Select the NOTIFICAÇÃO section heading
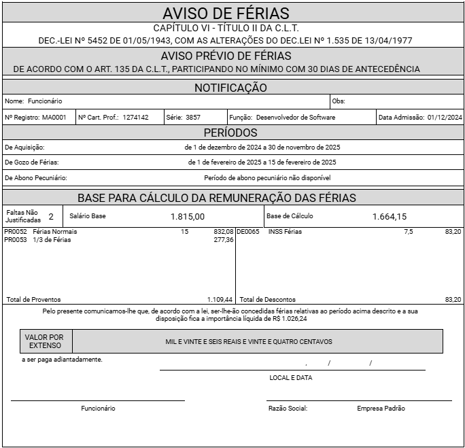point(231,88)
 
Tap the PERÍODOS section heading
point(231,133)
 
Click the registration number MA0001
point(54,118)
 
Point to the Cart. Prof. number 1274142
point(135,118)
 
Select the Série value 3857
point(192,118)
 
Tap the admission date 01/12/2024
point(445,118)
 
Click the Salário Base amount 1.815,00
point(188,217)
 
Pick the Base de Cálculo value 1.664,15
point(390,217)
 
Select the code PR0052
point(16,232)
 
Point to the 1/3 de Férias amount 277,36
point(223,239)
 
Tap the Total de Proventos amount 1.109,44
point(220,299)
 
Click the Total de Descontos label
point(267,299)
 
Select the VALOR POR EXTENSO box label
point(45,341)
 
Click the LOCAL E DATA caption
point(291,377)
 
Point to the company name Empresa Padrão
point(381,409)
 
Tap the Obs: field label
point(339,101)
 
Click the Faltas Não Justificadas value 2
point(51,217)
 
